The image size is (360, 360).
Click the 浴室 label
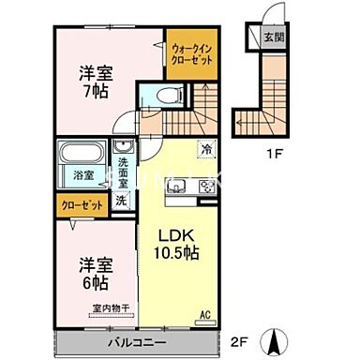coord(82,174)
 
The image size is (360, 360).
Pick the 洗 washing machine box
coord(122,200)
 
